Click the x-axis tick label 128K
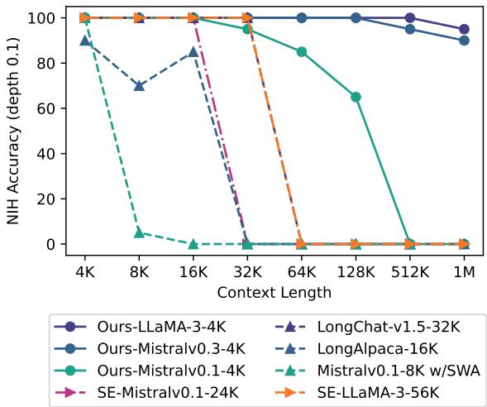click(356, 270)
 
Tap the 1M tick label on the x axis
click(464, 270)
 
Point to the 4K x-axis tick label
click(84, 270)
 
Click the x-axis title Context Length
click(274, 291)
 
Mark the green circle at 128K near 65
click(356, 97)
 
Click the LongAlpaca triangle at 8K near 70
click(139, 85)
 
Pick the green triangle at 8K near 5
click(139, 232)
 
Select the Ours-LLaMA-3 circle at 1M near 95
click(464, 29)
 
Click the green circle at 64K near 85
click(301, 51)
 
